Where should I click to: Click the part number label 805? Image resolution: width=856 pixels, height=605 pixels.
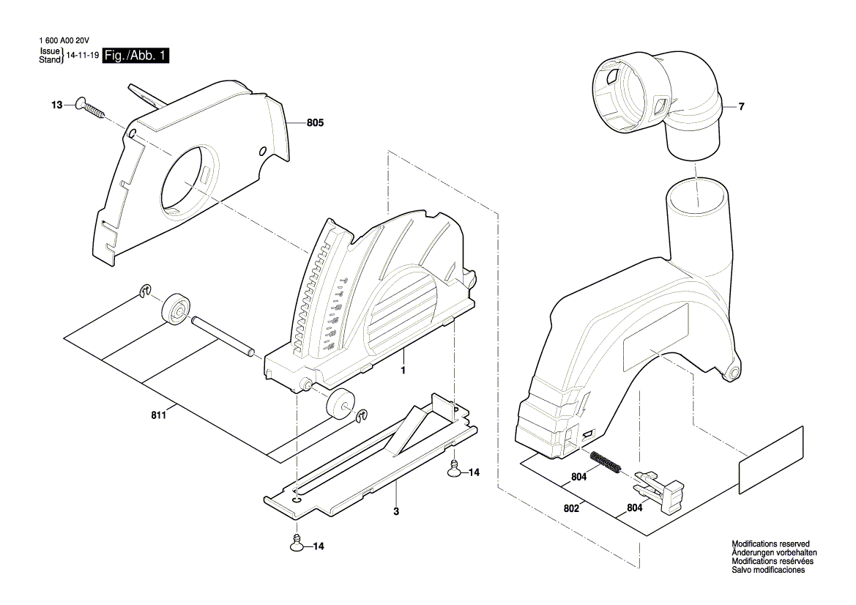[315, 124]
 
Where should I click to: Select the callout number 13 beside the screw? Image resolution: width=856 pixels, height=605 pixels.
[56, 106]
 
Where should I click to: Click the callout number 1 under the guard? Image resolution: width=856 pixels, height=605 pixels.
[403, 371]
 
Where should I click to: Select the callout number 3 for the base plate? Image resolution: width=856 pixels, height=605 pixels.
[395, 511]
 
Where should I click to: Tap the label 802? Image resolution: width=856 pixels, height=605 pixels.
[572, 508]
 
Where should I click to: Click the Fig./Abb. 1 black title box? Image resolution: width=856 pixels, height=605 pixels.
[136, 56]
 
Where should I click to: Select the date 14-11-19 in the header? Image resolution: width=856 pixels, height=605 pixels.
[83, 56]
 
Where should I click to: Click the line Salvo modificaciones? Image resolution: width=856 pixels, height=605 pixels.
[768, 570]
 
